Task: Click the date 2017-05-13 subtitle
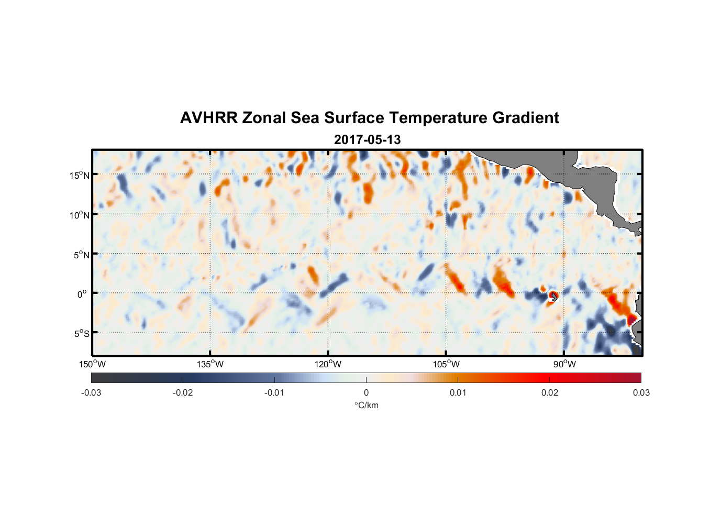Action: click(x=367, y=140)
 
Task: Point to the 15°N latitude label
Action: click(x=79, y=175)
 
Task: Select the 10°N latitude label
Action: click(x=79, y=215)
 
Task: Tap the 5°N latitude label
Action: click(x=81, y=255)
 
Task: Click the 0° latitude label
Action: click(x=82, y=294)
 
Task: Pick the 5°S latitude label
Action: click(x=81, y=334)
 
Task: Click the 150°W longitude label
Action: click(x=92, y=364)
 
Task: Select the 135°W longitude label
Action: click(x=210, y=364)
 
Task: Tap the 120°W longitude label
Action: click(x=328, y=364)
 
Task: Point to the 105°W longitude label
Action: click(x=446, y=364)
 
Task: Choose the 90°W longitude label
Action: click(x=564, y=364)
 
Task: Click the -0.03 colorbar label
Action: click(x=91, y=392)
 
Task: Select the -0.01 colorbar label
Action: click(x=274, y=392)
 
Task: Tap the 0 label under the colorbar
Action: click(x=366, y=392)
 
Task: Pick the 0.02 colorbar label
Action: click(x=550, y=392)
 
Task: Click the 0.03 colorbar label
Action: click(x=641, y=392)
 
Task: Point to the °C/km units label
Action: click(x=366, y=405)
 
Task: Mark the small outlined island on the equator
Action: click(x=553, y=297)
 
